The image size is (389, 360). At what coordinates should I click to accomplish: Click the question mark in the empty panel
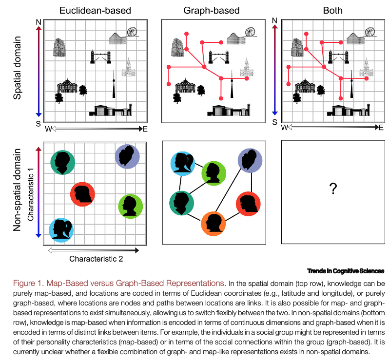(333, 189)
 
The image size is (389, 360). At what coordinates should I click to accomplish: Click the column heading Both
(333, 10)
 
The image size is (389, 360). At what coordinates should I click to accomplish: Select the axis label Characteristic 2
(96, 259)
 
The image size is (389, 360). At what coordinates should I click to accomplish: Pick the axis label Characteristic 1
(30, 193)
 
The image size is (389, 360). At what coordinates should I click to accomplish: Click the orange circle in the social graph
(214, 224)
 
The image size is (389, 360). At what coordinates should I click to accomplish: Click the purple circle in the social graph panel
(250, 161)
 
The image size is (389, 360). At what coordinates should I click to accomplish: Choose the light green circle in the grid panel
(131, 206)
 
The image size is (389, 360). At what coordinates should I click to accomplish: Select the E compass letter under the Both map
(381, 128)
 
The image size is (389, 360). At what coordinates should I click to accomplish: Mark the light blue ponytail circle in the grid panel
(62, 229)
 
